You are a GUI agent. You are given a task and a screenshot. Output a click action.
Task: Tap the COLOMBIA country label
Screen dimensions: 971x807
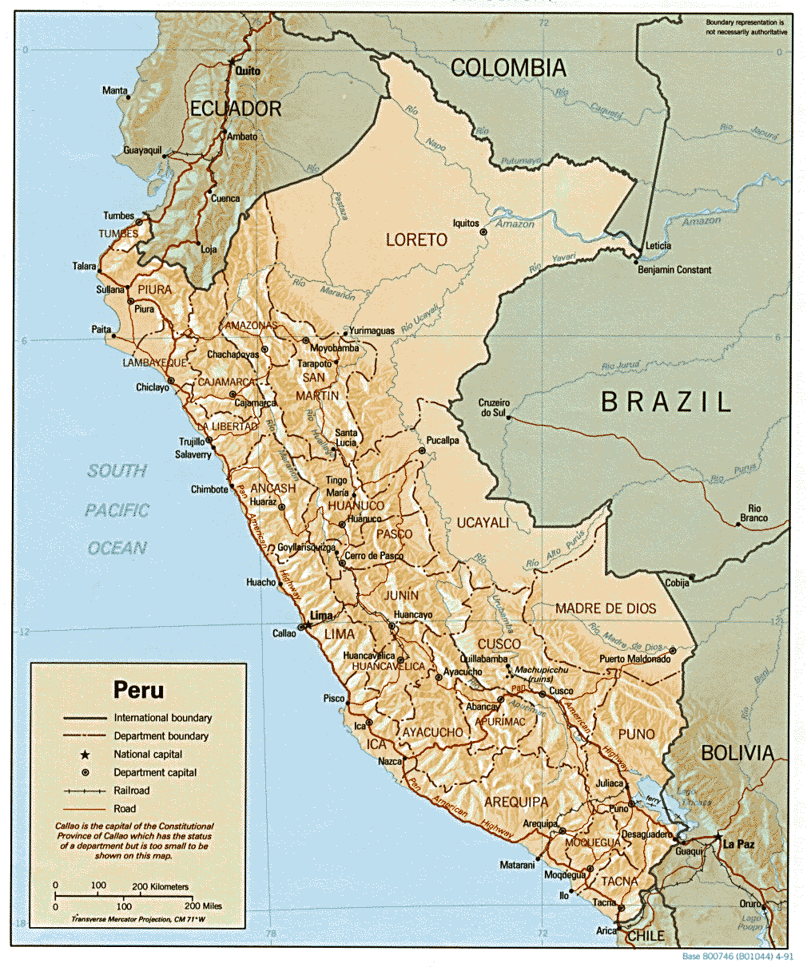click(x=508, y=68)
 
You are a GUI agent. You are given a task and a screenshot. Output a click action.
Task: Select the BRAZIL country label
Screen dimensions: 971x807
click(x=666, y=402)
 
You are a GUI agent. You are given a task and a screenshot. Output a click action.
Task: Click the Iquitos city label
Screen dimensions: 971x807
click(x=466, y=224)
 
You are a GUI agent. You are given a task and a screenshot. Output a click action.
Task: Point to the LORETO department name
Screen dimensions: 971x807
click(x=416, y=240)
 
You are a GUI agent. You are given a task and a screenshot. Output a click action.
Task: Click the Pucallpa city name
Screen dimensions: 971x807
click(x=443, y=440)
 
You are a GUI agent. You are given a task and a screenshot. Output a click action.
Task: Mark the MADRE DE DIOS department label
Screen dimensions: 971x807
click(x=606, y=608)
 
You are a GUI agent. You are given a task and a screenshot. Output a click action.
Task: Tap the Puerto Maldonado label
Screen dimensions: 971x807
click(x=635, y=659)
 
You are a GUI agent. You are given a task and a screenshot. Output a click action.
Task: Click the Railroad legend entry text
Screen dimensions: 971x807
click(x=131, y=791)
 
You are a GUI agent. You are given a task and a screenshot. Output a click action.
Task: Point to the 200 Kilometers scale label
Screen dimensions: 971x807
click(x=161, y=886)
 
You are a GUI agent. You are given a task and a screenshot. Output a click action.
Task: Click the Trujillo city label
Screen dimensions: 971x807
click(x=192, y=442)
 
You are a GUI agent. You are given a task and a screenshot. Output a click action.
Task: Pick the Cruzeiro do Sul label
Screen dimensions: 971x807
click(x=492, y=407)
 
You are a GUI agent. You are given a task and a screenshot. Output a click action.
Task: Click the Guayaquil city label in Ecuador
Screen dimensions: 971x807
click(x=143, y=150)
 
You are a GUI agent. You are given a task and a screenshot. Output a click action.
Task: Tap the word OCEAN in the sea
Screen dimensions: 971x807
click(x=117, y=548)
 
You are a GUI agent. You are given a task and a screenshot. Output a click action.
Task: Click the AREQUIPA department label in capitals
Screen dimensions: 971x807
click(x=516, y=802)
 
